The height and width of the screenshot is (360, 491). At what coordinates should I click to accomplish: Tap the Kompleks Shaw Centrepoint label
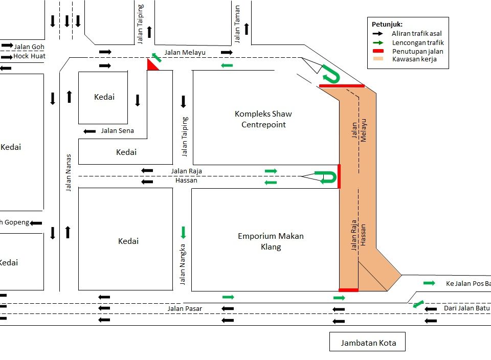coord(263,119)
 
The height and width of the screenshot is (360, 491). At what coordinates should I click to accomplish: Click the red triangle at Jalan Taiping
coord(152,65)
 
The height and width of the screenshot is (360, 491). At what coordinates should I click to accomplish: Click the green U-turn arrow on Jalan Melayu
coord(330,75)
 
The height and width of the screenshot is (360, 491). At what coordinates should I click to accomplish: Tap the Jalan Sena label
coord(117,131)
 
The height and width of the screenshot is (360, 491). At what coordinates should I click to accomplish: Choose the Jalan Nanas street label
coord(69,173)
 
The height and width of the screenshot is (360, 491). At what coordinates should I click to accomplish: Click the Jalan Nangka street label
coord(183,265)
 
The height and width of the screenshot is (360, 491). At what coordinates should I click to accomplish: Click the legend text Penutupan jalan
coord(417,51)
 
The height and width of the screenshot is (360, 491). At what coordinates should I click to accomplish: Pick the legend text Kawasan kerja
coord(414,59)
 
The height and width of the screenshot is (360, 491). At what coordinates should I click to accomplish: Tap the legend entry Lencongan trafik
coord(418,42)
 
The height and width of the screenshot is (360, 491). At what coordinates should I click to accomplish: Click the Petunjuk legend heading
coord(387,24)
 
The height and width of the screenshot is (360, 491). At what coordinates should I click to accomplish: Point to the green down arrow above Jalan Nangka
coord(183,233)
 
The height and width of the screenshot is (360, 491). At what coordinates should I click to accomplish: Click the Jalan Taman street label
coord(237,28)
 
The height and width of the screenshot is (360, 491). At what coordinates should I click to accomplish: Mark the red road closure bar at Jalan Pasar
coord(348,290)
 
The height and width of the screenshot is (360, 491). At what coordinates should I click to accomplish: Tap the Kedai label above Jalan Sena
coord(104,97)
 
